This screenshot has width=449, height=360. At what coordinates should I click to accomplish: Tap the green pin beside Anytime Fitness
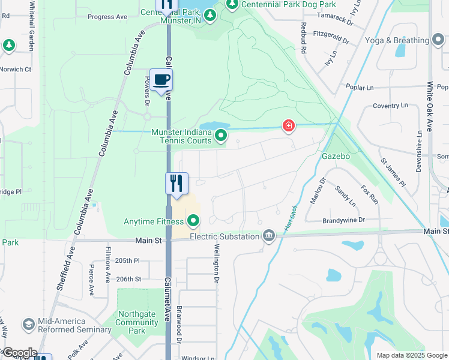click(x=193, y=222)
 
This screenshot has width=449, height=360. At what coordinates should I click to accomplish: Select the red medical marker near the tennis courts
click(x=289, y=125)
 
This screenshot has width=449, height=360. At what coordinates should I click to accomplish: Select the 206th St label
click(x=128, y=279)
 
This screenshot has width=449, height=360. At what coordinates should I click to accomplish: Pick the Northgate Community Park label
click(x=137, y=326)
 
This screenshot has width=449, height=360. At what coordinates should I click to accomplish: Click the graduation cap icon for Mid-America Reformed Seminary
click(x=28, y=325)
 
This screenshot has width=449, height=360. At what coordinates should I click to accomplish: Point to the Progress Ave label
click(x=107, y=17)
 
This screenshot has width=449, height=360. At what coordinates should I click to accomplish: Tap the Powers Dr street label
click(x=146, y=89)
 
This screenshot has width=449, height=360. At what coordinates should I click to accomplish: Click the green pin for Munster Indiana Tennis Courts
click(x=221, y=136)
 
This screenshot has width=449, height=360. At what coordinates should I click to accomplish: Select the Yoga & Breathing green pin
click(x=438, y=40)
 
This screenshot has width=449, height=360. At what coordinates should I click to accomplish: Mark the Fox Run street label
click(x=369, y=195)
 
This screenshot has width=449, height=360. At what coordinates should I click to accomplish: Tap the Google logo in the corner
click(x=19, y=353)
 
